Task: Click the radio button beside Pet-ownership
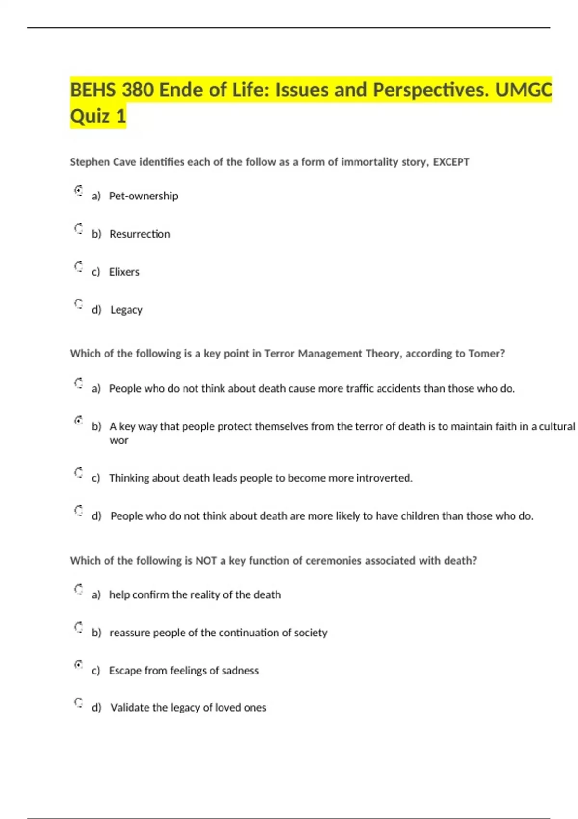click(x=79, y=190)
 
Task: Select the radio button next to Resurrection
click(x=79, y=228)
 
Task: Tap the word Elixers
click(x=124, y=272)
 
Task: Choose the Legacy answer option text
click(x=126, y=310)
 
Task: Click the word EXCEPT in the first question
click(x=451, y=162)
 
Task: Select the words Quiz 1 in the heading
click(x=98, y=116)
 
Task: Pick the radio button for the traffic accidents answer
click(x=79, y=383)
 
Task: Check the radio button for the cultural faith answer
click(x=79, y=421)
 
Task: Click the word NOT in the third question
click(x=206, y=561)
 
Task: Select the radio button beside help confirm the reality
click(x=79, y=589)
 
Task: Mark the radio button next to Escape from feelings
click(x=79, y=665)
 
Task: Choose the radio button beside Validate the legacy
click(x=79, y=702)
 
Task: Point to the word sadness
click(x=240, y=671)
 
